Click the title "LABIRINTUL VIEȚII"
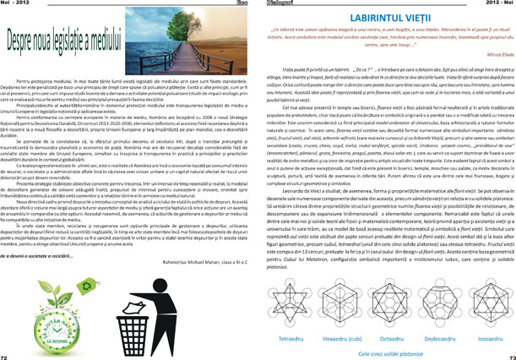pyautogui.click(x=387, y=17)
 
